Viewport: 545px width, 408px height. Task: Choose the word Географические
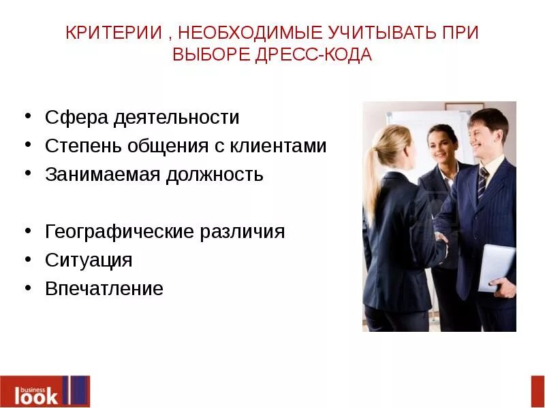119,231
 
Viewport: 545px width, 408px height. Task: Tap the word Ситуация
89,260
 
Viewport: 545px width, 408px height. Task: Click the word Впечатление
104,288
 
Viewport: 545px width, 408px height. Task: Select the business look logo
45,391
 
